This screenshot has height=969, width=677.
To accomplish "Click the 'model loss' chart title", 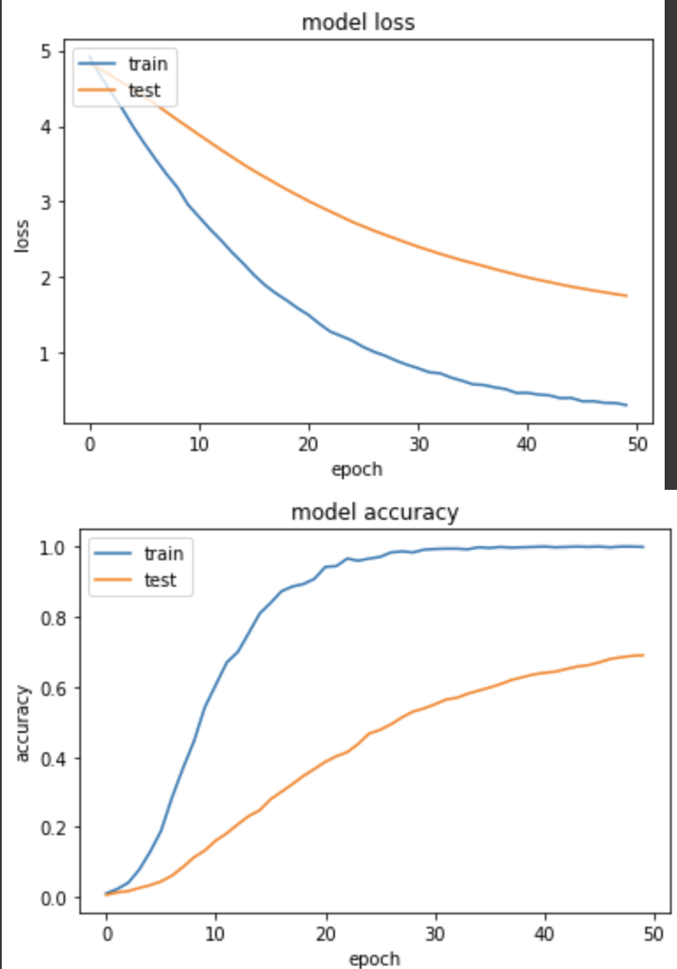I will [358, 23].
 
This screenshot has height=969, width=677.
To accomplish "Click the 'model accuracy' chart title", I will [375, 512].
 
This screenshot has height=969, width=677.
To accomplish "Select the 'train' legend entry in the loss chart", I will [147, 63].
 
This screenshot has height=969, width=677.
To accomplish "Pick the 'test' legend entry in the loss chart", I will [145, 89].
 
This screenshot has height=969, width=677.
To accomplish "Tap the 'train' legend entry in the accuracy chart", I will [163, 553].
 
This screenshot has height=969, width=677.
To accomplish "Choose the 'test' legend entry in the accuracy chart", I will [160, 579].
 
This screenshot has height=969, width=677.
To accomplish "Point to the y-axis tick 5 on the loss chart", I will [46, 51].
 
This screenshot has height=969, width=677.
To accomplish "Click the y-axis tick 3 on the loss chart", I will [46, 203].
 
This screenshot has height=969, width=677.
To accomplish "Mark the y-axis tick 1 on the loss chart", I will [46, 353].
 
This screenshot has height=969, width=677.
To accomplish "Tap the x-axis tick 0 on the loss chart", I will [90, 443].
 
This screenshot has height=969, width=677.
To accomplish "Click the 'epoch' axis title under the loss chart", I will [357, 469].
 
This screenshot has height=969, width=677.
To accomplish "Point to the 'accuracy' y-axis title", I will [23, 723].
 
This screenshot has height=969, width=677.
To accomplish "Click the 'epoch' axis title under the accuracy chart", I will [374, 958].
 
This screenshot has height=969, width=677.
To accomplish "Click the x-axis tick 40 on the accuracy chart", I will [545, 932].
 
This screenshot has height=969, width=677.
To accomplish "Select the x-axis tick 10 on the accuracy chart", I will [216, 932].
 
